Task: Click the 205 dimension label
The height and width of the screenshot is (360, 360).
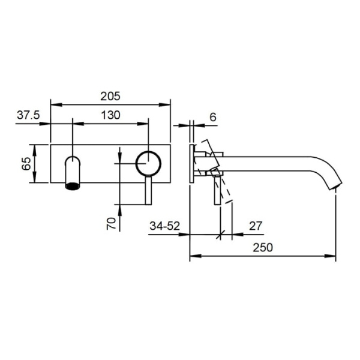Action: [110, 97]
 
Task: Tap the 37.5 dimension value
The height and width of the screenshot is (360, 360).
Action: [28, 115]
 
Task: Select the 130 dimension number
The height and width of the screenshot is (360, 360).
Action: [110, 115]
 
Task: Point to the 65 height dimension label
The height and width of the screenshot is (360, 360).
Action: [26, 164]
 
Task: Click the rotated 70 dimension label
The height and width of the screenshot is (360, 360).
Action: [111, 224]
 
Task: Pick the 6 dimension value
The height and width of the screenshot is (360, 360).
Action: [213, 118]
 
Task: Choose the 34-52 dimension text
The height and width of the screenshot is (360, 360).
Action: [164, 226]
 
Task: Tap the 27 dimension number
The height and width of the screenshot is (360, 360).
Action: [256, 226]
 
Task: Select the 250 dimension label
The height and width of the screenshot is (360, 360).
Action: [263, 247]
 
